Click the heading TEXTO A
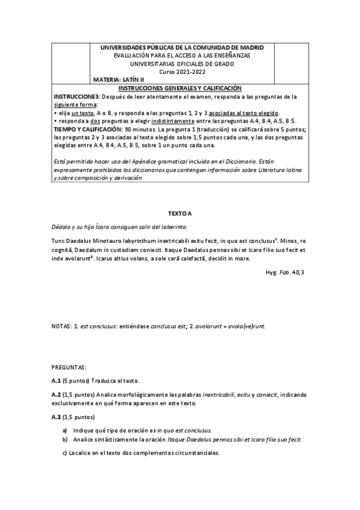pyautogui.click(x=180, y=213)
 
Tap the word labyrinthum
pyautogui.click(x=147, y=239)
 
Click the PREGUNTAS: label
pyautogui.click(x=70, y=366)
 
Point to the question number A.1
pyautogui.click(x=57, y=381)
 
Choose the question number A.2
pyautogui.click(x=57, y=394)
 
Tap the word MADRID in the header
pyautogui.click(x=255, y=48)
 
